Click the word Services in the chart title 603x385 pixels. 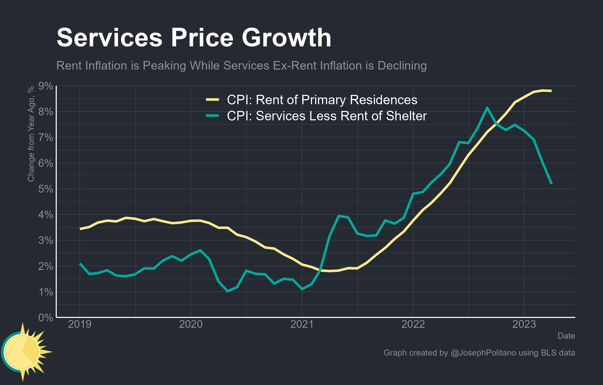click(x=109, y=38)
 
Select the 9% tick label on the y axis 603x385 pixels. click(x=46, y=86)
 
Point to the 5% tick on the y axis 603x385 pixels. click(x=46, y=189)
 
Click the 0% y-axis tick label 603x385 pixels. click(x=46, y=318)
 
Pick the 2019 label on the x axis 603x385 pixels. click(x=80, y=324)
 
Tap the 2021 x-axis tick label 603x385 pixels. click(x=302, y=324)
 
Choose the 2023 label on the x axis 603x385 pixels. click(x=524, y=324)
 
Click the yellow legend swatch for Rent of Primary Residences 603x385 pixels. click(x=212, y=100)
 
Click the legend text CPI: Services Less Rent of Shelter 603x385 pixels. click(x=327, y=116)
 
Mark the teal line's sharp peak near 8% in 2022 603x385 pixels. click(x=487, y=108)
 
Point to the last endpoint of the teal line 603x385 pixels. click(x=551, y=183)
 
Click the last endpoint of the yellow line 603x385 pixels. click(x=551, y=91)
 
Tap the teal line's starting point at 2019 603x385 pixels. click(x=80, y=263)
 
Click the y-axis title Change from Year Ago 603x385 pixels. click(x=31, y=134)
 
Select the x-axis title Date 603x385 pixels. click(x=566, y=336)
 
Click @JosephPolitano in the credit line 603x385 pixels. click(x=483, y=353)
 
